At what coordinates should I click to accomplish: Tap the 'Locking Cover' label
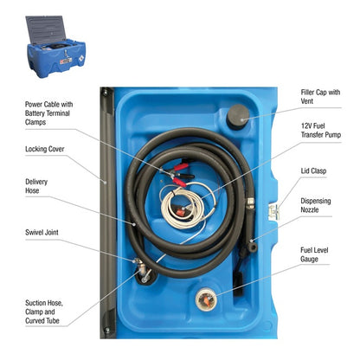pyautogui.click(x=44, y=148)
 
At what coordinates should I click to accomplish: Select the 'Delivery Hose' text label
pyautogui.click(x=37, y=186)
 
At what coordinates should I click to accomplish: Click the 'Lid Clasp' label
pyautogui.click(x=313, y=171)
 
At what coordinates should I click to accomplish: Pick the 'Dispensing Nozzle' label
pyautogui.click(x=318, y=206)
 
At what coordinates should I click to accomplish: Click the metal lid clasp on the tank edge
pyautogui.click(x=275, y=210)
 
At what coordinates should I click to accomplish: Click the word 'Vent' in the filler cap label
pyautogui.click(x=309, y=100)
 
